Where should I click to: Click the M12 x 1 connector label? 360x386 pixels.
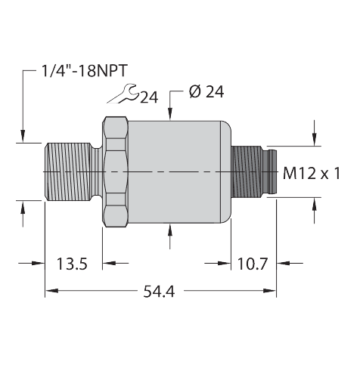pyautogui.click(x=311, y=174)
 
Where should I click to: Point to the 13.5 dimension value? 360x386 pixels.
pyautogui.click(x=73, y=264)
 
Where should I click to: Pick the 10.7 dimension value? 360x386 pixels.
pyautogui.click(x=250, y=264)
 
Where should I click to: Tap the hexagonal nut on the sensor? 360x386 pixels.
pyautogui.click(x=115, y=173)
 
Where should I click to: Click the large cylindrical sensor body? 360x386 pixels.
pyautogui.click(x=178, y=173)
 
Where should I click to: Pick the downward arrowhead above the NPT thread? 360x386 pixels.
pyautogui.click(x=24, y=136)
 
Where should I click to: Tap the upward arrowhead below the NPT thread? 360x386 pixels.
pyautogui.click(x=24, y=207)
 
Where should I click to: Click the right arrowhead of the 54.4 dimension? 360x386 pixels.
pyautogui.click(x=270, y=289)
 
